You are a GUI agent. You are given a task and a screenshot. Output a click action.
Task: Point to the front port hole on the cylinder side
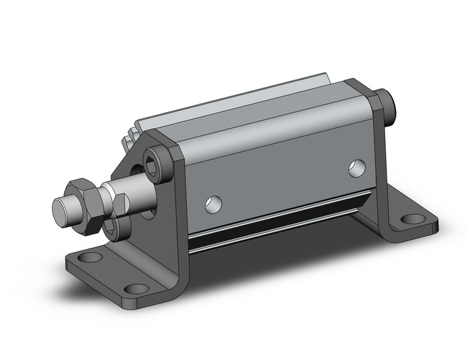pyautogui.click(x=213, y=204)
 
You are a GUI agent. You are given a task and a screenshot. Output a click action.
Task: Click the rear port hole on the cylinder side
pyautogui.click(x=357, y=168)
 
